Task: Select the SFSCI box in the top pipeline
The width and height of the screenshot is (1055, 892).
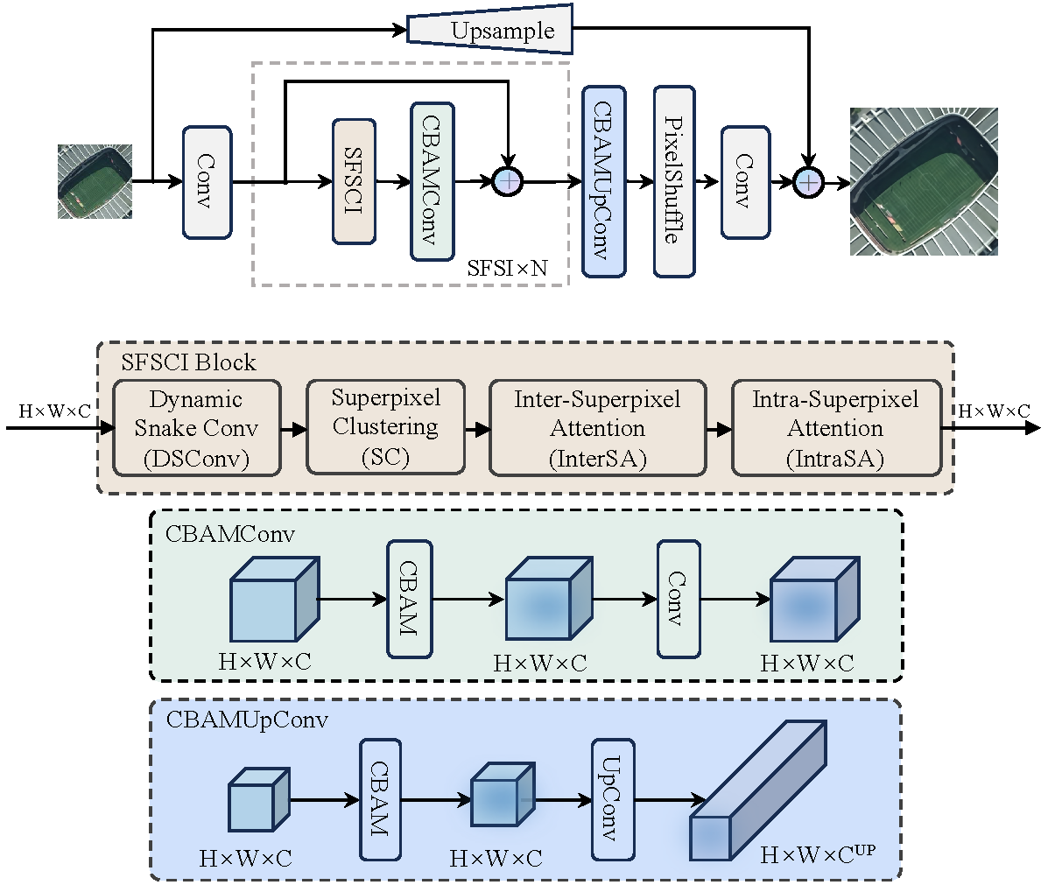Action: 354,182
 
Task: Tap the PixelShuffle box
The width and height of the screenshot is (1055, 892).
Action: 673,181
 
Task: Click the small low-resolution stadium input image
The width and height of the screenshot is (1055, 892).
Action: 95,181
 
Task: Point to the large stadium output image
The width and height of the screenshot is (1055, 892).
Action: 924,182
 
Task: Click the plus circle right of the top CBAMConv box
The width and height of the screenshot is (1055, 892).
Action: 508,181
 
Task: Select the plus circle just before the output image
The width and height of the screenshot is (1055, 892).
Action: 808,182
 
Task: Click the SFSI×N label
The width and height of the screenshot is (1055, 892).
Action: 507,268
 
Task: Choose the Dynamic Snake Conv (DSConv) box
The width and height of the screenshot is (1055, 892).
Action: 196,428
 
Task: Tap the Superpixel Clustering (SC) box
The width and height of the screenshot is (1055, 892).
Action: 385,427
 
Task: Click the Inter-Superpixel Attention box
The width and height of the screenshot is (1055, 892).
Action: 597,428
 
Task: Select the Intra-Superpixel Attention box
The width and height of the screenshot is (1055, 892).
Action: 836,428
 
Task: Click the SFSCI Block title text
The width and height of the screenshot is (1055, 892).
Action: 188,362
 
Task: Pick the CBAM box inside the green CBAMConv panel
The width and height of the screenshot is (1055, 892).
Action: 409,599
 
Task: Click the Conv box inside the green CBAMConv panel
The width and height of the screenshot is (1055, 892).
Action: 678,599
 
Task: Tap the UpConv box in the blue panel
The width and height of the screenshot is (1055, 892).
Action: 613,799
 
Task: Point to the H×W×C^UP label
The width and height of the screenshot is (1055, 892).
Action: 818,854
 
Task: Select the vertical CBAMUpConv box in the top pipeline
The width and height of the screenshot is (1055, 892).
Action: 603,181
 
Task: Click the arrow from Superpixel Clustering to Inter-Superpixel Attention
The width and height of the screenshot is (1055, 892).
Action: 477,429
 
